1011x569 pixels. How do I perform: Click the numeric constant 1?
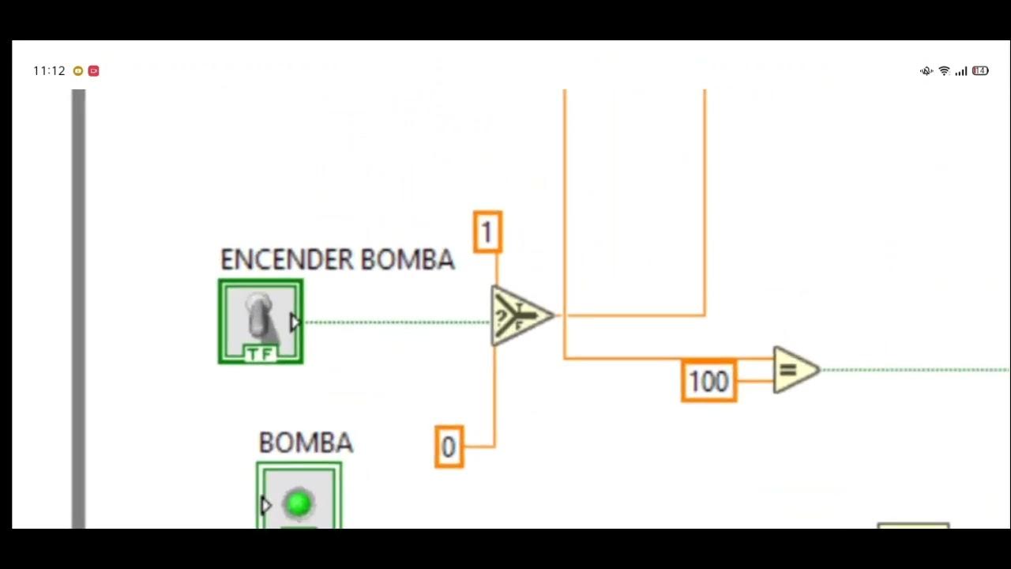tap(487, 232)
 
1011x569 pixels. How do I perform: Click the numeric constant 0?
tap(449, 447)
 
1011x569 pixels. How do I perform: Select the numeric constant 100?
tap(708, 382)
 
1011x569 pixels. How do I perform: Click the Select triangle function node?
tap(519, 316)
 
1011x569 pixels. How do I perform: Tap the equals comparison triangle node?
tap(794, 370)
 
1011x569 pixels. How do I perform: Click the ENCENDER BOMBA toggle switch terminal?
tap(261, 322)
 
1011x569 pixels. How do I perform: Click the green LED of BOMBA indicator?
tap(299, 503)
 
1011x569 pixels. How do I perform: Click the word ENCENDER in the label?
tap(287, 260)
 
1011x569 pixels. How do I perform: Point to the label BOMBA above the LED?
tap(306, 443)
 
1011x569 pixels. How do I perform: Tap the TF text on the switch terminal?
tap(261, 354)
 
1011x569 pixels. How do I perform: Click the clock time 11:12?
tap(49, 71)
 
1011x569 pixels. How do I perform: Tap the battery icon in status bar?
tap(980, 71)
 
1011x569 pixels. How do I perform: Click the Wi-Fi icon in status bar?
tap(944, 71)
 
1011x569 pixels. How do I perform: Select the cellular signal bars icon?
tap(961, 71)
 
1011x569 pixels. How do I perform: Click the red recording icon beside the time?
tap(93, 71)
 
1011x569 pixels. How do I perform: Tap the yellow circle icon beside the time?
tap(77, 71)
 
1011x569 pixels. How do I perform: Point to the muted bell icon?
tap(926, 71)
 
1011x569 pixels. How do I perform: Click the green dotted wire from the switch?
tap(395, 322)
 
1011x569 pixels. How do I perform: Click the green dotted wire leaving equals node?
tap(908, 370)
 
